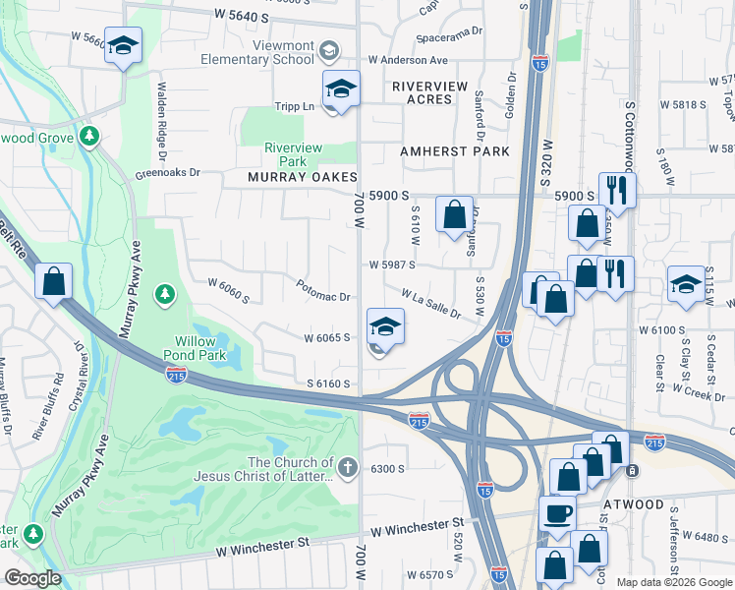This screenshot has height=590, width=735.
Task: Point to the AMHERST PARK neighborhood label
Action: click(x=455, y=151)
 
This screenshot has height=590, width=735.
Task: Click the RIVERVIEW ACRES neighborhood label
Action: click(x=430, y=87)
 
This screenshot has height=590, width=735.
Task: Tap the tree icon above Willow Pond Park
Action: click(x=165, y=294)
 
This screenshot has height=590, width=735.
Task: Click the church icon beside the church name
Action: click(x=349, y=463)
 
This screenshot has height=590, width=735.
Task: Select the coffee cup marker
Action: click(x=558, y=513)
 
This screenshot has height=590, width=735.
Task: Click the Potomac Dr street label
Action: click(x=323, y=291)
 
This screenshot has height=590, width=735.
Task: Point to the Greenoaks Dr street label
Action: click(x=167, y=172)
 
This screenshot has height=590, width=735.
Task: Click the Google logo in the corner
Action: click(x=32, y=577)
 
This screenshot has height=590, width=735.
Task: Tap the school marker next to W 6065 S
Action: click(x=386, y=327)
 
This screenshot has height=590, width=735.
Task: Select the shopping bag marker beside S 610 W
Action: click(x=454, y=214)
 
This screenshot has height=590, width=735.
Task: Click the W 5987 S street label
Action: click(x=392, y=265)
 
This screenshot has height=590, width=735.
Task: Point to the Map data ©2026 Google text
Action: click(x=674, y=582)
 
